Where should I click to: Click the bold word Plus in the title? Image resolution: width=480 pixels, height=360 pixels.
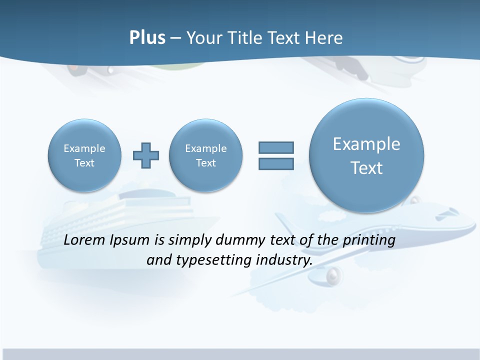tap(147, 37)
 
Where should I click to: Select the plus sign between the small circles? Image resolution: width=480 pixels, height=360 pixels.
tap(146, 155)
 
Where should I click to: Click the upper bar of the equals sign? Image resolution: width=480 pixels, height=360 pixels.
tap(276, 147)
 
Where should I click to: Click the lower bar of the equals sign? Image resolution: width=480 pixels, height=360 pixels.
tap(276, 164)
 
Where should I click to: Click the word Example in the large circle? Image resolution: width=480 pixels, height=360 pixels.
tap(366, 144)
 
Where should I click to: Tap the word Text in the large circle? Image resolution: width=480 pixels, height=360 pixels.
tap(366, 168)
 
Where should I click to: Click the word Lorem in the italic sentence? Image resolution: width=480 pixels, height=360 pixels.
tap(85, 240)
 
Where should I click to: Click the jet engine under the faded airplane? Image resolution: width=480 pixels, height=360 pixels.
tap(334, 274)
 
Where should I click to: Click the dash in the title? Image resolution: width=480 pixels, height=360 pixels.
tap(175, 38)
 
